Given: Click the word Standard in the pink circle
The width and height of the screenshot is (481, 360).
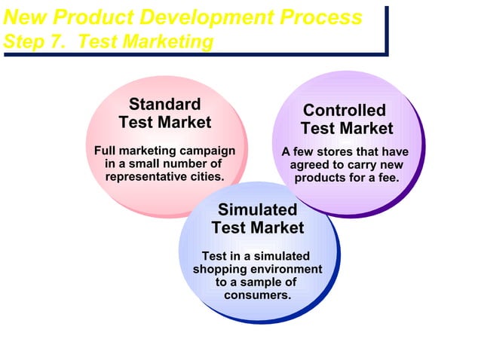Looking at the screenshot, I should pyautogui.click(x=164, y=104).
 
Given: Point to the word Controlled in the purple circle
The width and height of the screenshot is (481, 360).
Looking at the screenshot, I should pyautogui.click(x=344, y=111).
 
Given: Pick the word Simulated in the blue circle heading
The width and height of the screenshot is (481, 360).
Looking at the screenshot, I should pyautogui.click(x=257, y=209).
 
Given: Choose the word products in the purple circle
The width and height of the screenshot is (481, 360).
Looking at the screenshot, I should pyautogui.click(x=320, y=178).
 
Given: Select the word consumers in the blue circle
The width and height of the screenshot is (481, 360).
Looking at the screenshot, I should pyautogui.click(x=257, y=295).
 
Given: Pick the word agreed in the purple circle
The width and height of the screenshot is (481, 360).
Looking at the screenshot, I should pyautogui.click(x=312, y=164).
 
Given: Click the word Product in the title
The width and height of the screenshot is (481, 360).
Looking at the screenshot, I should pyautogui.click(x=87, y=17).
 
